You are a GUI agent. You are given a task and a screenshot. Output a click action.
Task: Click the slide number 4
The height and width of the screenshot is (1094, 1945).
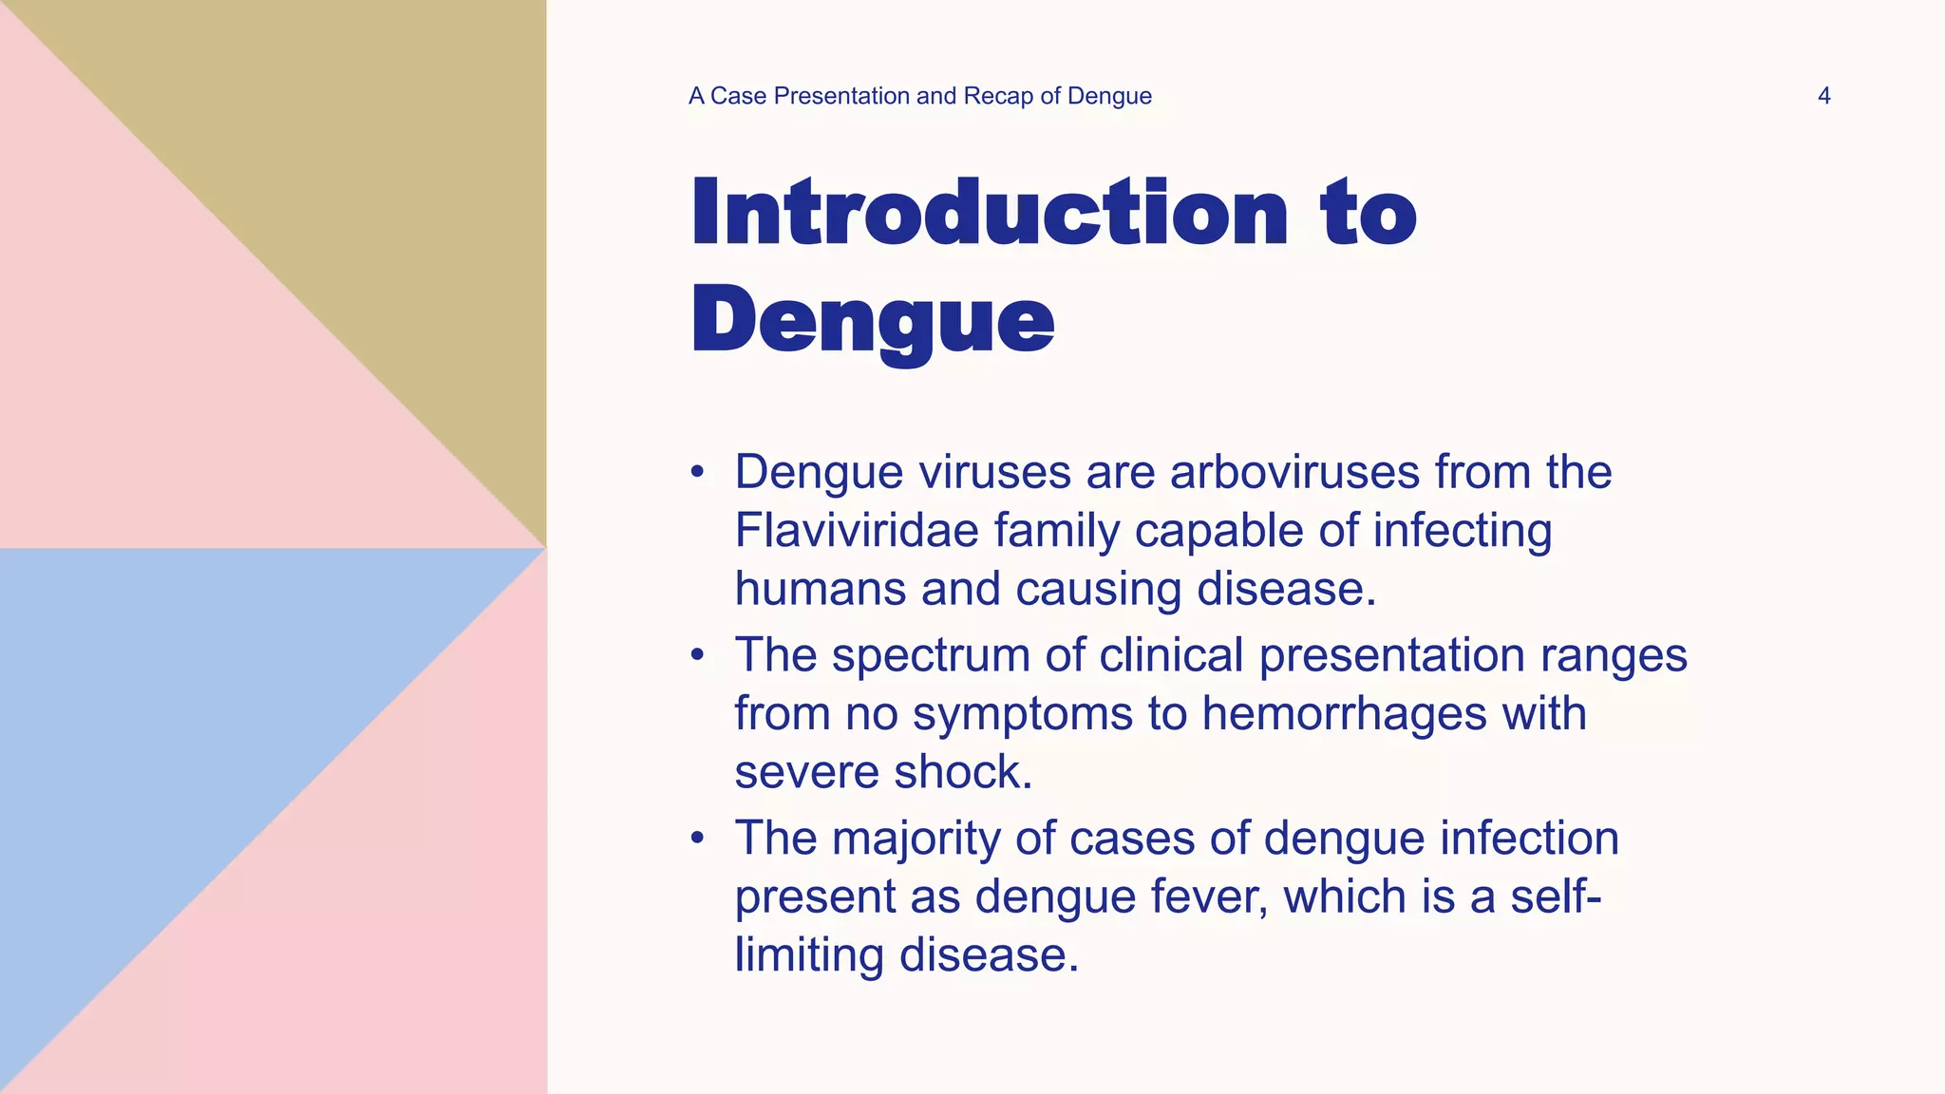pyautogui.click(x=1823, y=96)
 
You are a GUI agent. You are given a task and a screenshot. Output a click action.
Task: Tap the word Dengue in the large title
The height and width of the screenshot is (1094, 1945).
pyautogui.click(x=872, y=320)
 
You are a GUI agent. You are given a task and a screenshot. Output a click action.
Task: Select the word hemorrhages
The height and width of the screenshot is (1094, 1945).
pyautogui.click(x=1344, y=713)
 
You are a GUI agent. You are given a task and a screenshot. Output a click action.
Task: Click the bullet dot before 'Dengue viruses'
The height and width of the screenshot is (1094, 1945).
pyautogui.click(x=698, y=472)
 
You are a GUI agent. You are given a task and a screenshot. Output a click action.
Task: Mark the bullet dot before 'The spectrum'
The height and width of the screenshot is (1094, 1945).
pyautogui.click(x=698, y=655)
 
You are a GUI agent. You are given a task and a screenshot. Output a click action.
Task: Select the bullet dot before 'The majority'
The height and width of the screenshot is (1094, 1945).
pyautogui.click(x=698, y=839)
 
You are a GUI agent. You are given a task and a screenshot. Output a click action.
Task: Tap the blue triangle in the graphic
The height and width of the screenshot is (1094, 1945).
pyautogui.click(x=190, y=741)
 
